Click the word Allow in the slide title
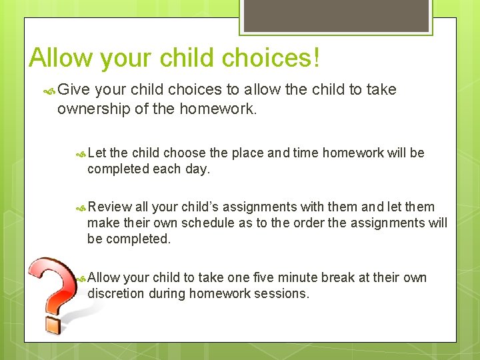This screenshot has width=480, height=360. click(x=61, y=58)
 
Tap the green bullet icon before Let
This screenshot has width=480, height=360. click(x=81, y=153)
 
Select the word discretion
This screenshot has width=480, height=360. click(x=116, y=293)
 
